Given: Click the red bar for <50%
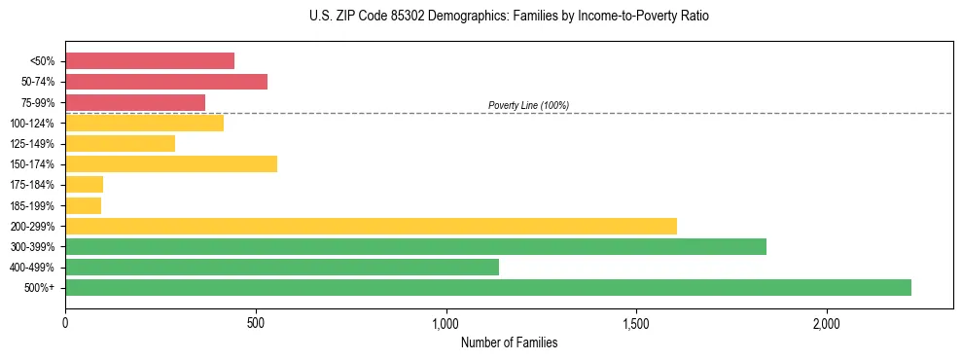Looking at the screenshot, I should (x=150, y=61).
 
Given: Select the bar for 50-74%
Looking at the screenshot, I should (x=166, y=82).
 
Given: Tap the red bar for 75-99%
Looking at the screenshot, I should (x=135, y=102).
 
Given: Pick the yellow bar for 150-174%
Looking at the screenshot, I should (x=171, y=164).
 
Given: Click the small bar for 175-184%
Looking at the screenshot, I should (x=84, y=185).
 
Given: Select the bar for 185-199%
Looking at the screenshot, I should (x=83, y=205).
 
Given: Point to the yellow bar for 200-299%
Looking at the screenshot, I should (x=371, y=226).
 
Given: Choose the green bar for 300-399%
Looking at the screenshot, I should (x=415, y=246).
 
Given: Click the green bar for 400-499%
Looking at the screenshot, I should (x=282, y=267).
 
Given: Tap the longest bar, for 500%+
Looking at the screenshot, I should (x=488, y=287).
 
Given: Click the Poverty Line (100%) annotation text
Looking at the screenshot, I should (x=528, y=105).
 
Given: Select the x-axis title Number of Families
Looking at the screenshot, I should (x=509, y=342).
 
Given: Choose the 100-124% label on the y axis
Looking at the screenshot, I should (x=32, y=124).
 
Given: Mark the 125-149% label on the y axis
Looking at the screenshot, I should (x=32, y=144).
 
